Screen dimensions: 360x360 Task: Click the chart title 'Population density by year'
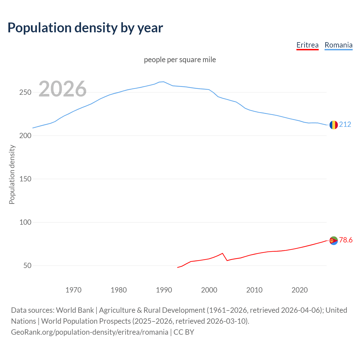point(85,28)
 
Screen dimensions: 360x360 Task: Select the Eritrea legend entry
point(307,45)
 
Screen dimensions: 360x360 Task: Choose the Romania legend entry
point(338,45)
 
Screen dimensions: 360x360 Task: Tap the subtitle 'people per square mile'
point(180,60)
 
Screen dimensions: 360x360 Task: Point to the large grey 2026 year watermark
point(62,89)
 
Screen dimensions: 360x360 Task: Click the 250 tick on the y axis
point(25,93)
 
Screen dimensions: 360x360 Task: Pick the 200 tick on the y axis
point(25,136)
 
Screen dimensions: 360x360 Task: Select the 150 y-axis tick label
point(25,179)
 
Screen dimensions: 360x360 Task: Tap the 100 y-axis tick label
point(25,222)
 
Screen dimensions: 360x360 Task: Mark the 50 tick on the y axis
point(27,266)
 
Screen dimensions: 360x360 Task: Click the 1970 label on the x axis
point(73,290)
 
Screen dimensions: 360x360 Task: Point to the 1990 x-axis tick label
point(164,290)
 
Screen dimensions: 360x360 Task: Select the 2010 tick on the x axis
point(254,290)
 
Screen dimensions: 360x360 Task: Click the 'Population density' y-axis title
point(12,174)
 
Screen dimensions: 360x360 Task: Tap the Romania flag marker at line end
point(334,125)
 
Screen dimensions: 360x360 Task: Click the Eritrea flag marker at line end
point(334,240)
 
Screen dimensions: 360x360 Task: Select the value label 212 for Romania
point(345,124)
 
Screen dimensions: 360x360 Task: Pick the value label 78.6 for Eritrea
point(346,240)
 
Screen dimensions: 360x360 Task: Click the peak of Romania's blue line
point(164,82)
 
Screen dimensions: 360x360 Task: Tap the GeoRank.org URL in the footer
point(89,332)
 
